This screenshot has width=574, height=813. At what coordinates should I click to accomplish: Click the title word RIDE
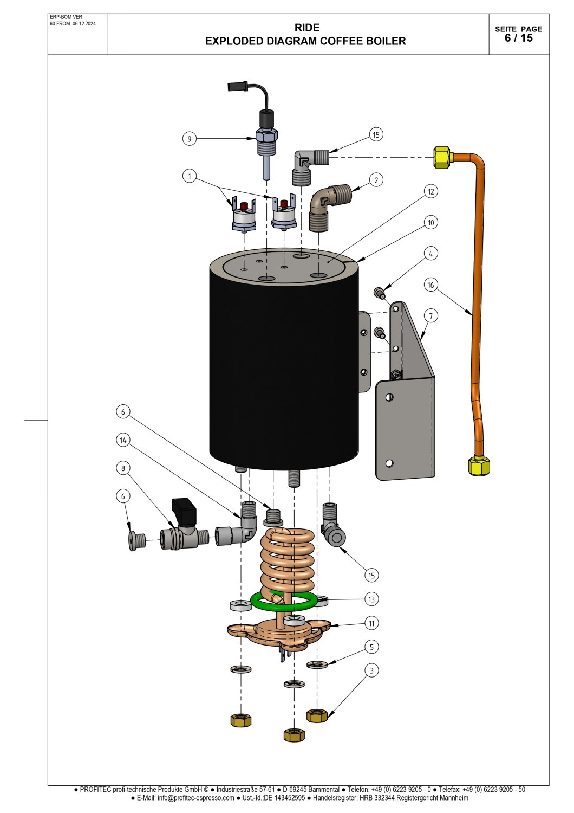[x=307, y=28]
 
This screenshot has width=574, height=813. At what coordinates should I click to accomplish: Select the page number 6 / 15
[x=518, y=38]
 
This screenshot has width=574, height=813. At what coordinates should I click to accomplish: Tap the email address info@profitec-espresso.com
[x=196, y=798]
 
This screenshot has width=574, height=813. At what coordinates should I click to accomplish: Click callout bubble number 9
[x=189, y=139]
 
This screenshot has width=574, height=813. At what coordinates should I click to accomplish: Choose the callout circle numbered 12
[x=431, y=191]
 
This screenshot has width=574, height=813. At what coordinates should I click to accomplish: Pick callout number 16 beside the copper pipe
[x=430, y=285]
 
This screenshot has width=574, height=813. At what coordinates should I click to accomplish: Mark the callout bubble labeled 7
[x=430, y=315]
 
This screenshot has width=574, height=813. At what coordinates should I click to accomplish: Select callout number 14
[x=123, y=440]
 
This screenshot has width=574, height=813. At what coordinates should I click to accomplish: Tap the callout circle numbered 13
[x=371, y=599]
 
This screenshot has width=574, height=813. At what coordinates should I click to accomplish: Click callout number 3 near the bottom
[x=371, y=670]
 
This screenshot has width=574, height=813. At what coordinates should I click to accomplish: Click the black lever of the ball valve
[x=183, y=512]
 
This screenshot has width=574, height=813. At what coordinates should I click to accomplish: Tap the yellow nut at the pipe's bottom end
[x=479, y=466]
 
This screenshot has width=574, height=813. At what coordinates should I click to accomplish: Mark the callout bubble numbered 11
[x=371, y=623]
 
